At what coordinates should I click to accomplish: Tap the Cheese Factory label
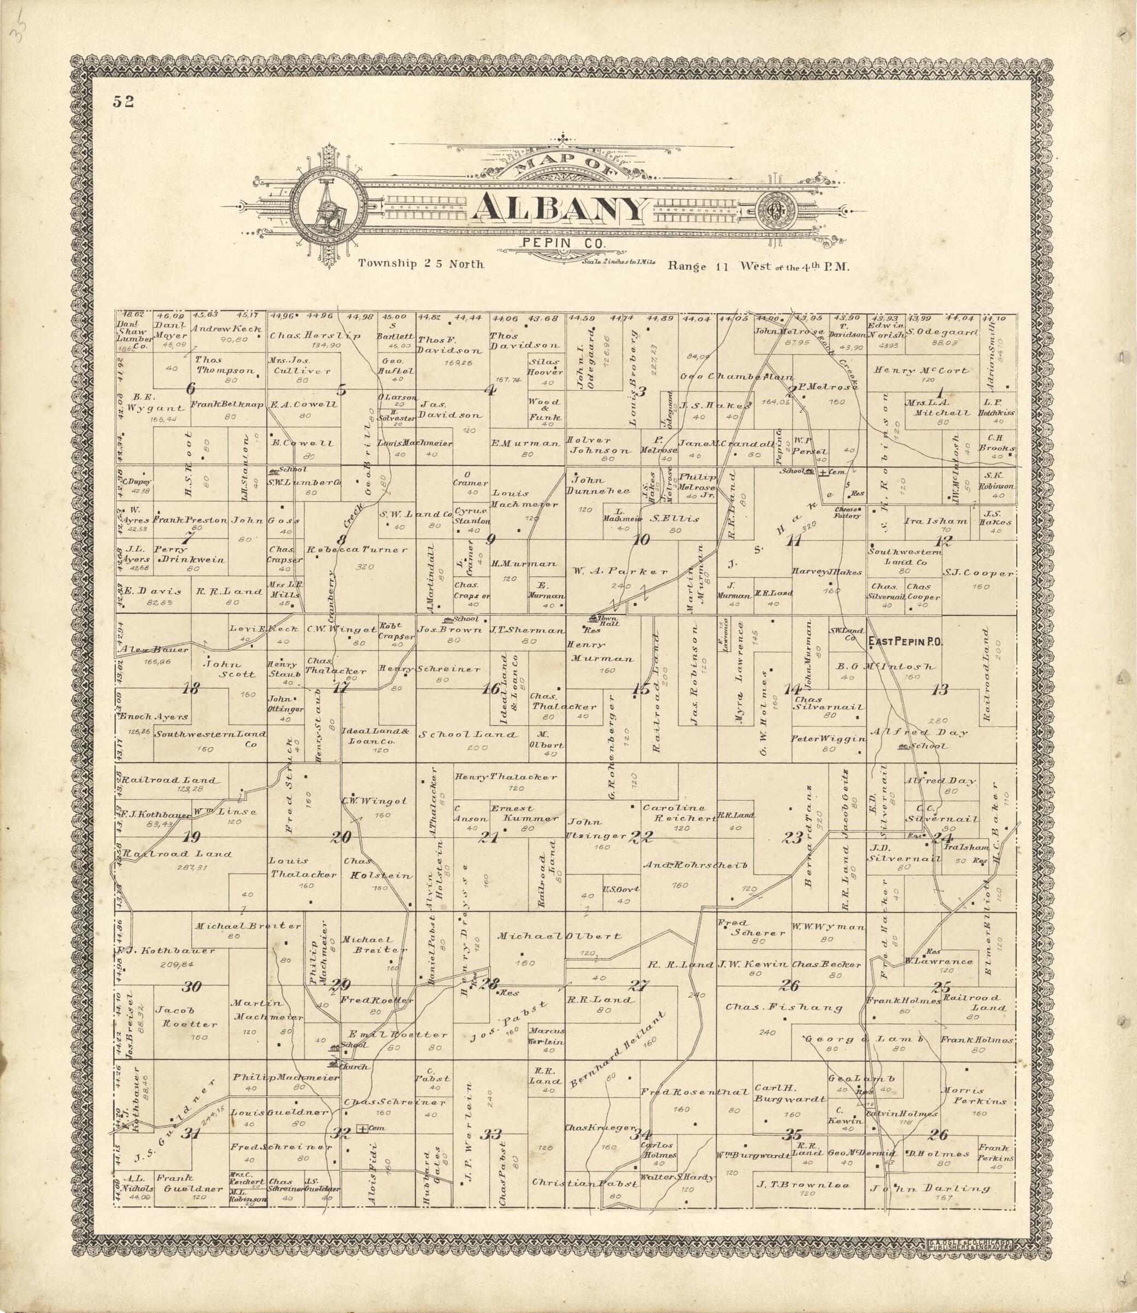[x=847, y=512]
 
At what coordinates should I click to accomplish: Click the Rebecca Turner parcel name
[x=357, y=549]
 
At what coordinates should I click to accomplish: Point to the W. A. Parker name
[x=620, y=571]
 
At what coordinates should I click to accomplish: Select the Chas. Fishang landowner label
[x=784, y=1006]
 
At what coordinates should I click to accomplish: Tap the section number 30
[x=192, y=986]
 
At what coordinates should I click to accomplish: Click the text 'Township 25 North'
[x=421, y=264]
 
